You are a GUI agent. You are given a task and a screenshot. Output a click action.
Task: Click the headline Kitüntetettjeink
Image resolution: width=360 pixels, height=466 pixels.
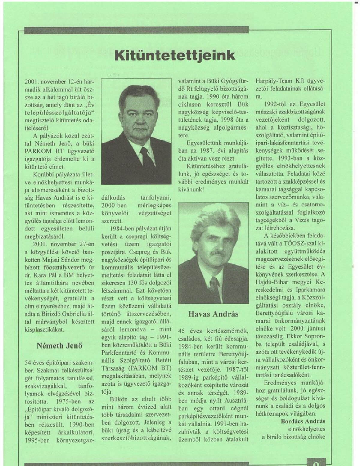coord(175,56)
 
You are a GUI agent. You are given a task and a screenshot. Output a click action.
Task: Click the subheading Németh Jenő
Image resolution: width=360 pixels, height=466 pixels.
coord(59,346)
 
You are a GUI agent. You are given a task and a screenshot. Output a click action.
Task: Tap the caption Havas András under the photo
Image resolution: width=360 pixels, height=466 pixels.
coord(213,314)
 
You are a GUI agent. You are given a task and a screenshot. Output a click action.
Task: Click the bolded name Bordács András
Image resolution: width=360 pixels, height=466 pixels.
coord(303,421)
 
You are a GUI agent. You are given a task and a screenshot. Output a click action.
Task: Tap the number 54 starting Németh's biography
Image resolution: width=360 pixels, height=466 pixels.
coord(29,362)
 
